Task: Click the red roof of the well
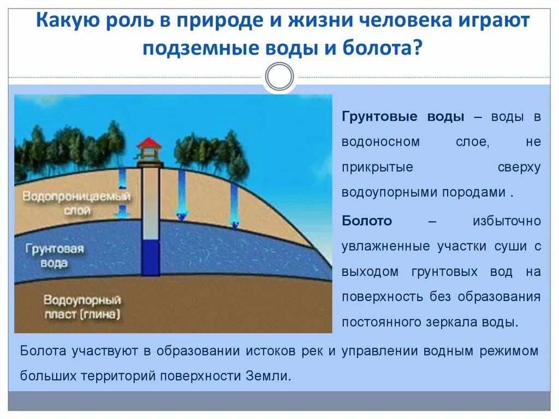pos(149,143)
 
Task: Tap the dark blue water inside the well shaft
pos(150,257)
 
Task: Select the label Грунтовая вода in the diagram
pos(54,256)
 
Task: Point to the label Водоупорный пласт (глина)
pos(82,308)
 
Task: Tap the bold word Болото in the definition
pos(367,221)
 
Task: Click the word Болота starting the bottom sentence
pos(43,351)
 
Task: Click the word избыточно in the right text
pos(507,221)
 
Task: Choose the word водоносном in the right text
pos(380,141)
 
